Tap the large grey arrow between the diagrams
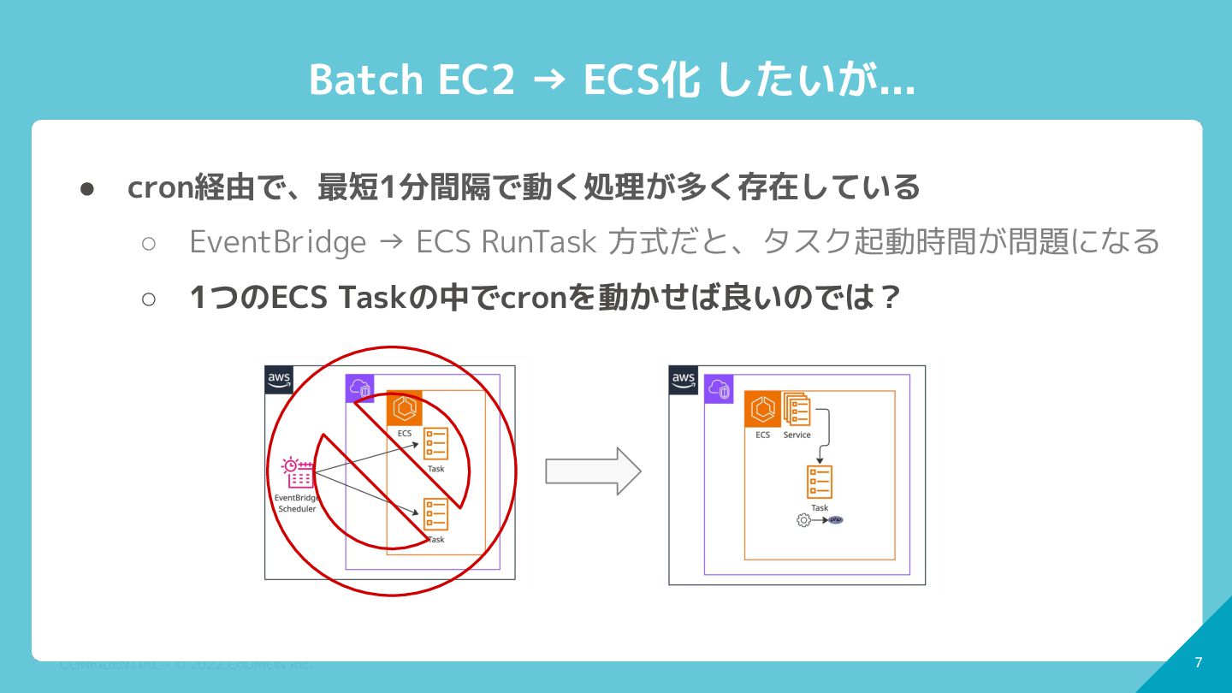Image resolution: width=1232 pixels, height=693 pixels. pyautogui.click(x=593, y=471)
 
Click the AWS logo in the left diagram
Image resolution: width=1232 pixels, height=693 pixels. pyautogui.click(x=279, y=379)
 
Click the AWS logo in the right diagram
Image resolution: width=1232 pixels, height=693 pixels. pyautogui.click(x=683, y=380)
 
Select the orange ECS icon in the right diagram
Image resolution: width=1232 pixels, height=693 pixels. pyautogui.click(x=762, y=409)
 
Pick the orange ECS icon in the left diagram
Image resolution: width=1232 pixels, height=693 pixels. pyautogui.click(x=405, y=409)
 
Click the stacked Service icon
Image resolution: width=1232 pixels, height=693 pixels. pyautogui.click(x=797, y=409)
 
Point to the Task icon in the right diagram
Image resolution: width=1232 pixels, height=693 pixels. pyautogui.click(x=820, y=483)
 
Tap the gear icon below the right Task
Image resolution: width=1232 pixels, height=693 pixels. pyautogui.click(x=803, y=520)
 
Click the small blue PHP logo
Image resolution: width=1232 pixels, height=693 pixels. pyautogui.click(x=836, y=520)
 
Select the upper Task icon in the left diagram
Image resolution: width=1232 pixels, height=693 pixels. pyautogui.click(x=435, y=444)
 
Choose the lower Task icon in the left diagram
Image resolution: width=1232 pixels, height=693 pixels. pyautogui.click(x=435, y=514)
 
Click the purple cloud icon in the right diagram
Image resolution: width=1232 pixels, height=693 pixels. pyautogui.click(x=719, y=389)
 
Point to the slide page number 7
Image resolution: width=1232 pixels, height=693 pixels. pyautogui.click(x=1198, y=662)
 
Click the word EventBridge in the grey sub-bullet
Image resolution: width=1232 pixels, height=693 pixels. pyautogui.click(x=277, y=242)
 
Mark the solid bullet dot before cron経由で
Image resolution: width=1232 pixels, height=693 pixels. pyautogui.click(x=86, y=188)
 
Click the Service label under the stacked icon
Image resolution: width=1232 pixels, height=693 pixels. pyautogui.click(x=797, y=435)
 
